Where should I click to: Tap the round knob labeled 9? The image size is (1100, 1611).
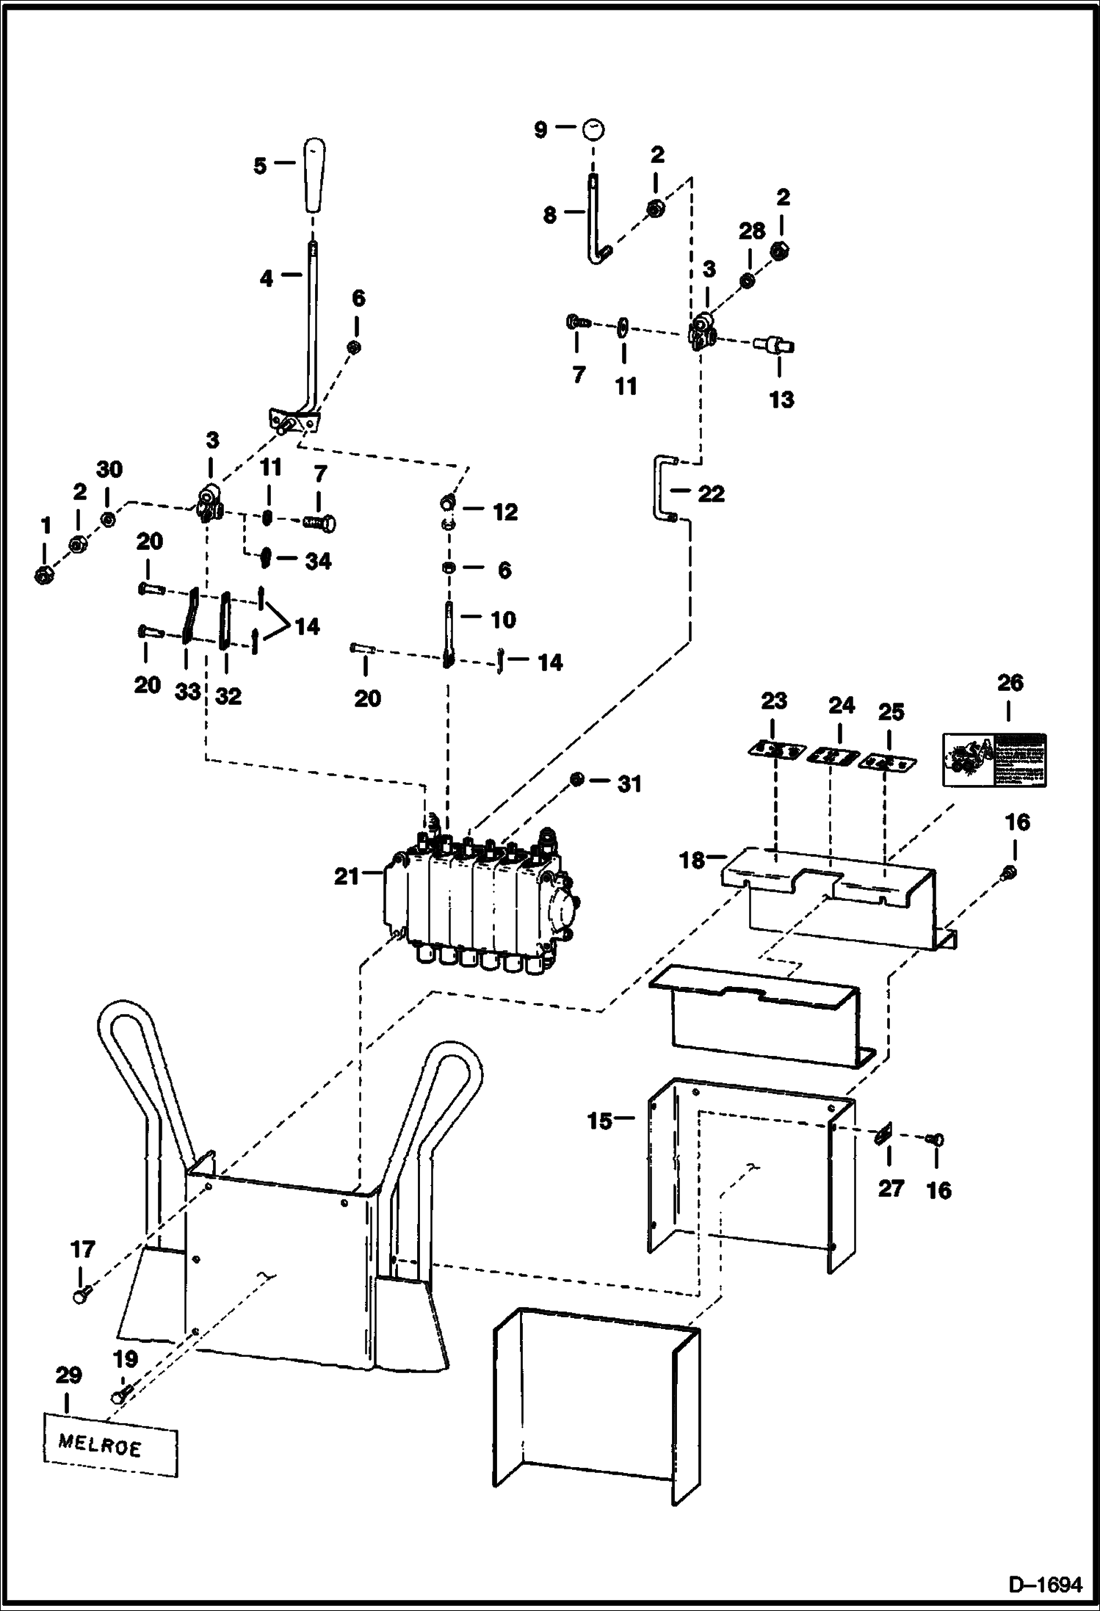593,129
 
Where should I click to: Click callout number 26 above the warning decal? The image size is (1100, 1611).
1010,683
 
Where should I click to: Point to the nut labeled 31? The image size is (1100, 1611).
578,779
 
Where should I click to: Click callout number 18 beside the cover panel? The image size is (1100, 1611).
692,860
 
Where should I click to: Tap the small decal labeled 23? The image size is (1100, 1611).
773,750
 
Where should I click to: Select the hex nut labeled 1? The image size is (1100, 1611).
43,575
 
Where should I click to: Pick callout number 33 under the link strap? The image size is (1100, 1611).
188,692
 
